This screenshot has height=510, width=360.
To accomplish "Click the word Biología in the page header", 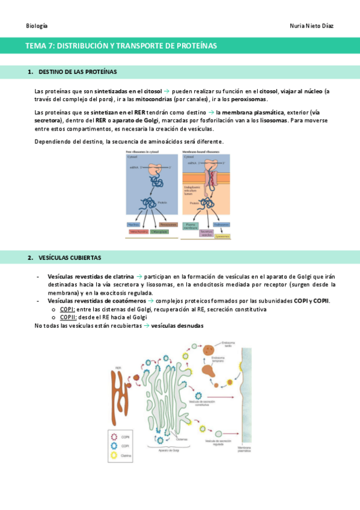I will click(x=37, y=26).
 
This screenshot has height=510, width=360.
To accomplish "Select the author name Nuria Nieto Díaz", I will click(x=311, y=26).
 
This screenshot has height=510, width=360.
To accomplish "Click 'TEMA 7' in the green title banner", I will click(x=40, y=46).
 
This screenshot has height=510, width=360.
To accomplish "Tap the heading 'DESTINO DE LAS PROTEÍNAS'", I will click(x=78, y=72).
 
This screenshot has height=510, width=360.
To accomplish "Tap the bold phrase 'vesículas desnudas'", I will click(x=177, y=325).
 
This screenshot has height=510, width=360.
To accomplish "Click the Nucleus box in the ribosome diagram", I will click(x=134, y=224).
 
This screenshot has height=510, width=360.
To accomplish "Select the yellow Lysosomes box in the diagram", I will click(x=224, y=236).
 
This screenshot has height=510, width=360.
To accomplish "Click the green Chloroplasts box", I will click(x=159, y=231).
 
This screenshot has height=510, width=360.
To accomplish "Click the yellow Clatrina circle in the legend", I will click(x=113, y=456).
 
